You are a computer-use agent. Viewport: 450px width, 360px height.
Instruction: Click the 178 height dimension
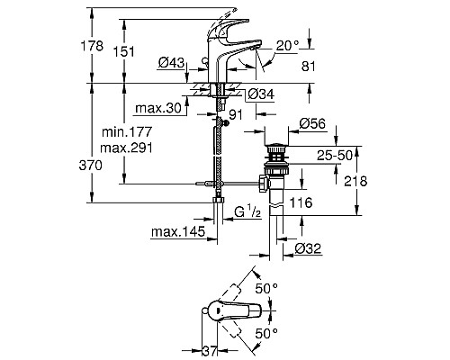(92, 46)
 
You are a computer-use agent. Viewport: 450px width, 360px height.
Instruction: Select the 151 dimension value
(123, 51)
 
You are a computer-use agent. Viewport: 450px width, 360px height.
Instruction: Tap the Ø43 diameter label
(171, 63)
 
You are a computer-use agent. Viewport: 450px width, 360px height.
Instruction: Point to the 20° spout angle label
(287, 46)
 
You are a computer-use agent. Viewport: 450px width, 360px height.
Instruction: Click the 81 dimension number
(309, 66)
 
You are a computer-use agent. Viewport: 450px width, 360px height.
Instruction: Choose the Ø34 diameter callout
(261, 94)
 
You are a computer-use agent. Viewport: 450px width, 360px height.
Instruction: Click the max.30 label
(158, 108)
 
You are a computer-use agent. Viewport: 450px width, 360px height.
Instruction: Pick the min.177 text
(127, 131)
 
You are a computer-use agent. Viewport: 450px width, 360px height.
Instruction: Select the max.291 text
(126, 148)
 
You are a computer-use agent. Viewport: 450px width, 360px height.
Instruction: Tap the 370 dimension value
(91, 166)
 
